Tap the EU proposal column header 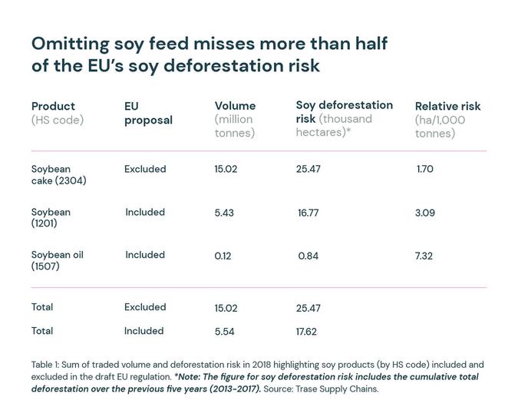tap(148, 113)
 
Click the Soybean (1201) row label tap(51, 217)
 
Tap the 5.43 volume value tap(224, 213)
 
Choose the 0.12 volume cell tap(223, 256)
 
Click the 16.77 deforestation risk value tap(308, 213)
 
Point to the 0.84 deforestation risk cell tap(308, 256)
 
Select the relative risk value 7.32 tap(424, 256)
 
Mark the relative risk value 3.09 tap(424, 213)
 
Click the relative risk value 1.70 tap(424, 169)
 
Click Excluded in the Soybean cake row tap(145, 169)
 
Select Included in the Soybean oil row tap(145, 255)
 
